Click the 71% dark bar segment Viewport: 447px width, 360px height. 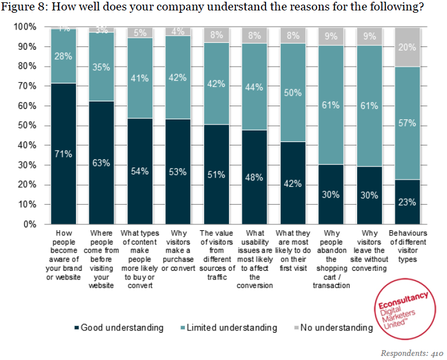point(64,154)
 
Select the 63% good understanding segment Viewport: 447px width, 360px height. point(101,163)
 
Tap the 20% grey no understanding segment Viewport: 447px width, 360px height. point(407,47)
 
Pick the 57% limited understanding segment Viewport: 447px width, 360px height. point(407,123)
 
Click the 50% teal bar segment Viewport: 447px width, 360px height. point(293,92)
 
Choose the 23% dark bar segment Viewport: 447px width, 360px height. point(407,202)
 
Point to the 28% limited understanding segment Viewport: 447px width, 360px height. point(64,56)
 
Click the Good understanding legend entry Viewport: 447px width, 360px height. point(119,328)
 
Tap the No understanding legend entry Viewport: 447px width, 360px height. point(332,328)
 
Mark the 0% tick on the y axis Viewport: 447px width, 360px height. point(29,224)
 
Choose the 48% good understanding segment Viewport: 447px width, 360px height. point(255,177)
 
